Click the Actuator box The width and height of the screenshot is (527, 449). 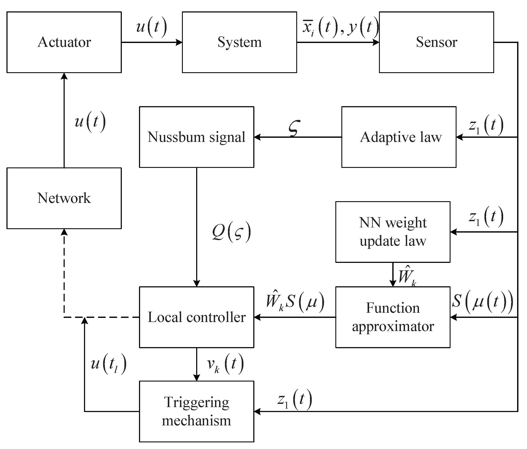(x=64, y=42)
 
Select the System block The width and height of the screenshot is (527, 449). (x=239, y=42)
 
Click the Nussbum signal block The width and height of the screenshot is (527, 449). (x=196, y=137)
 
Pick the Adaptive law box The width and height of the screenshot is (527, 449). (x=399, y=137)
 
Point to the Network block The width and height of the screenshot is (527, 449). (x=64, y=198)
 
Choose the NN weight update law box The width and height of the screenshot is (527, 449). (x=393, y=232)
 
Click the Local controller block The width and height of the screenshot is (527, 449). (x=196, y=317)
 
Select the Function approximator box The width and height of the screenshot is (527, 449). (x=393, y=317)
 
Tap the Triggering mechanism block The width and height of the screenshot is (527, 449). (x=196, y=411)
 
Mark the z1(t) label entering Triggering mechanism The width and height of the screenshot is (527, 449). (x=295, y=399)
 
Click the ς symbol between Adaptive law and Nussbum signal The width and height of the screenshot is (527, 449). (x=294, y=128)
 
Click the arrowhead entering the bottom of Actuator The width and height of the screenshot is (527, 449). (x=64, y=76)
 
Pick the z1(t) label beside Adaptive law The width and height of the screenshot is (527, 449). (x=486, y=125)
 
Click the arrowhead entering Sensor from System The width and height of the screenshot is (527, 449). (x=376, y=42)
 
